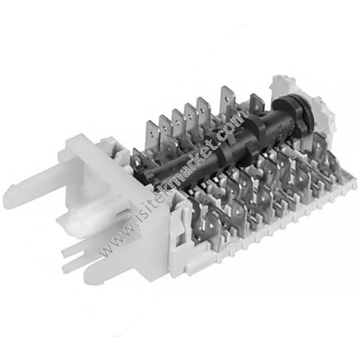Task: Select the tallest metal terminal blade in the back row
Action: (226, 101)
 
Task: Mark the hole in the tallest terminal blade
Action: (226, 95)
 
